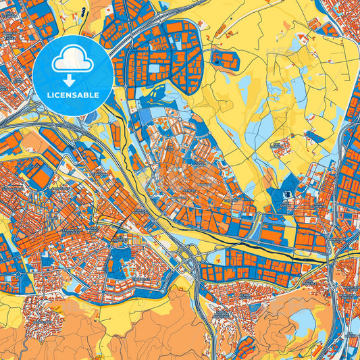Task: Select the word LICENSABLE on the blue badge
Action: point(73,95)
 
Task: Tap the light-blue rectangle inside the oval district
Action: point(155,68)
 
